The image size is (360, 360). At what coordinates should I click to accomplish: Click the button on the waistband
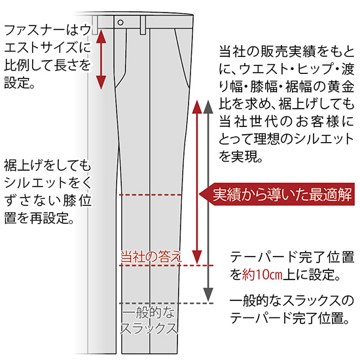pyautogui.click(x=120, y=22)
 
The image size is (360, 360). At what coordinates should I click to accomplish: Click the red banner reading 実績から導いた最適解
pyautogui.click(x=277, y=194)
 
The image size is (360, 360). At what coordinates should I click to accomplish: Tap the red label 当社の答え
pyautogui.click(x=151, y=256)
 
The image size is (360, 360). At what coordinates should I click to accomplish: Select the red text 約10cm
pyautogui.click(x=262, y=275)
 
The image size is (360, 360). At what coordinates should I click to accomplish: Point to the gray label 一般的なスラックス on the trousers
pyautogui.click(x=149, y=321)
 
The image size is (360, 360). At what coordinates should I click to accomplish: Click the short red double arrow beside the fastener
pyautogui.click(x=101, y=60)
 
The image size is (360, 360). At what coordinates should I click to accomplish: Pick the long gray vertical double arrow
pyautogui.click(x=208, y=200)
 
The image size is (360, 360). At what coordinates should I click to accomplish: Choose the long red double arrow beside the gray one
pyautogui.click(x=197, y=181)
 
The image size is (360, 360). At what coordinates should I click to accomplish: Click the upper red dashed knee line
pyautogui.click(x=151, y=195)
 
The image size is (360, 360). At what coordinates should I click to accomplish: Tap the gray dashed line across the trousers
pyautogui.click(x=166, y=303)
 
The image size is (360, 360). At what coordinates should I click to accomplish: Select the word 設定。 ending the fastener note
pyautogui.click(x=20, y=82)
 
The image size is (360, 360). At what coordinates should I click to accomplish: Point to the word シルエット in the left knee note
pyautogui.click(x=35, y=183)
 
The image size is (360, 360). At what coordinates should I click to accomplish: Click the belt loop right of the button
pyautogui.click(x=143, y=25)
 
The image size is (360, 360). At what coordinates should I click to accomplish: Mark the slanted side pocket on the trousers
pyautogui.click(x=183, y=58)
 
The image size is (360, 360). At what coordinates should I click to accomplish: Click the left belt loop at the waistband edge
pyautogui.click(x=95, y=25)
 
